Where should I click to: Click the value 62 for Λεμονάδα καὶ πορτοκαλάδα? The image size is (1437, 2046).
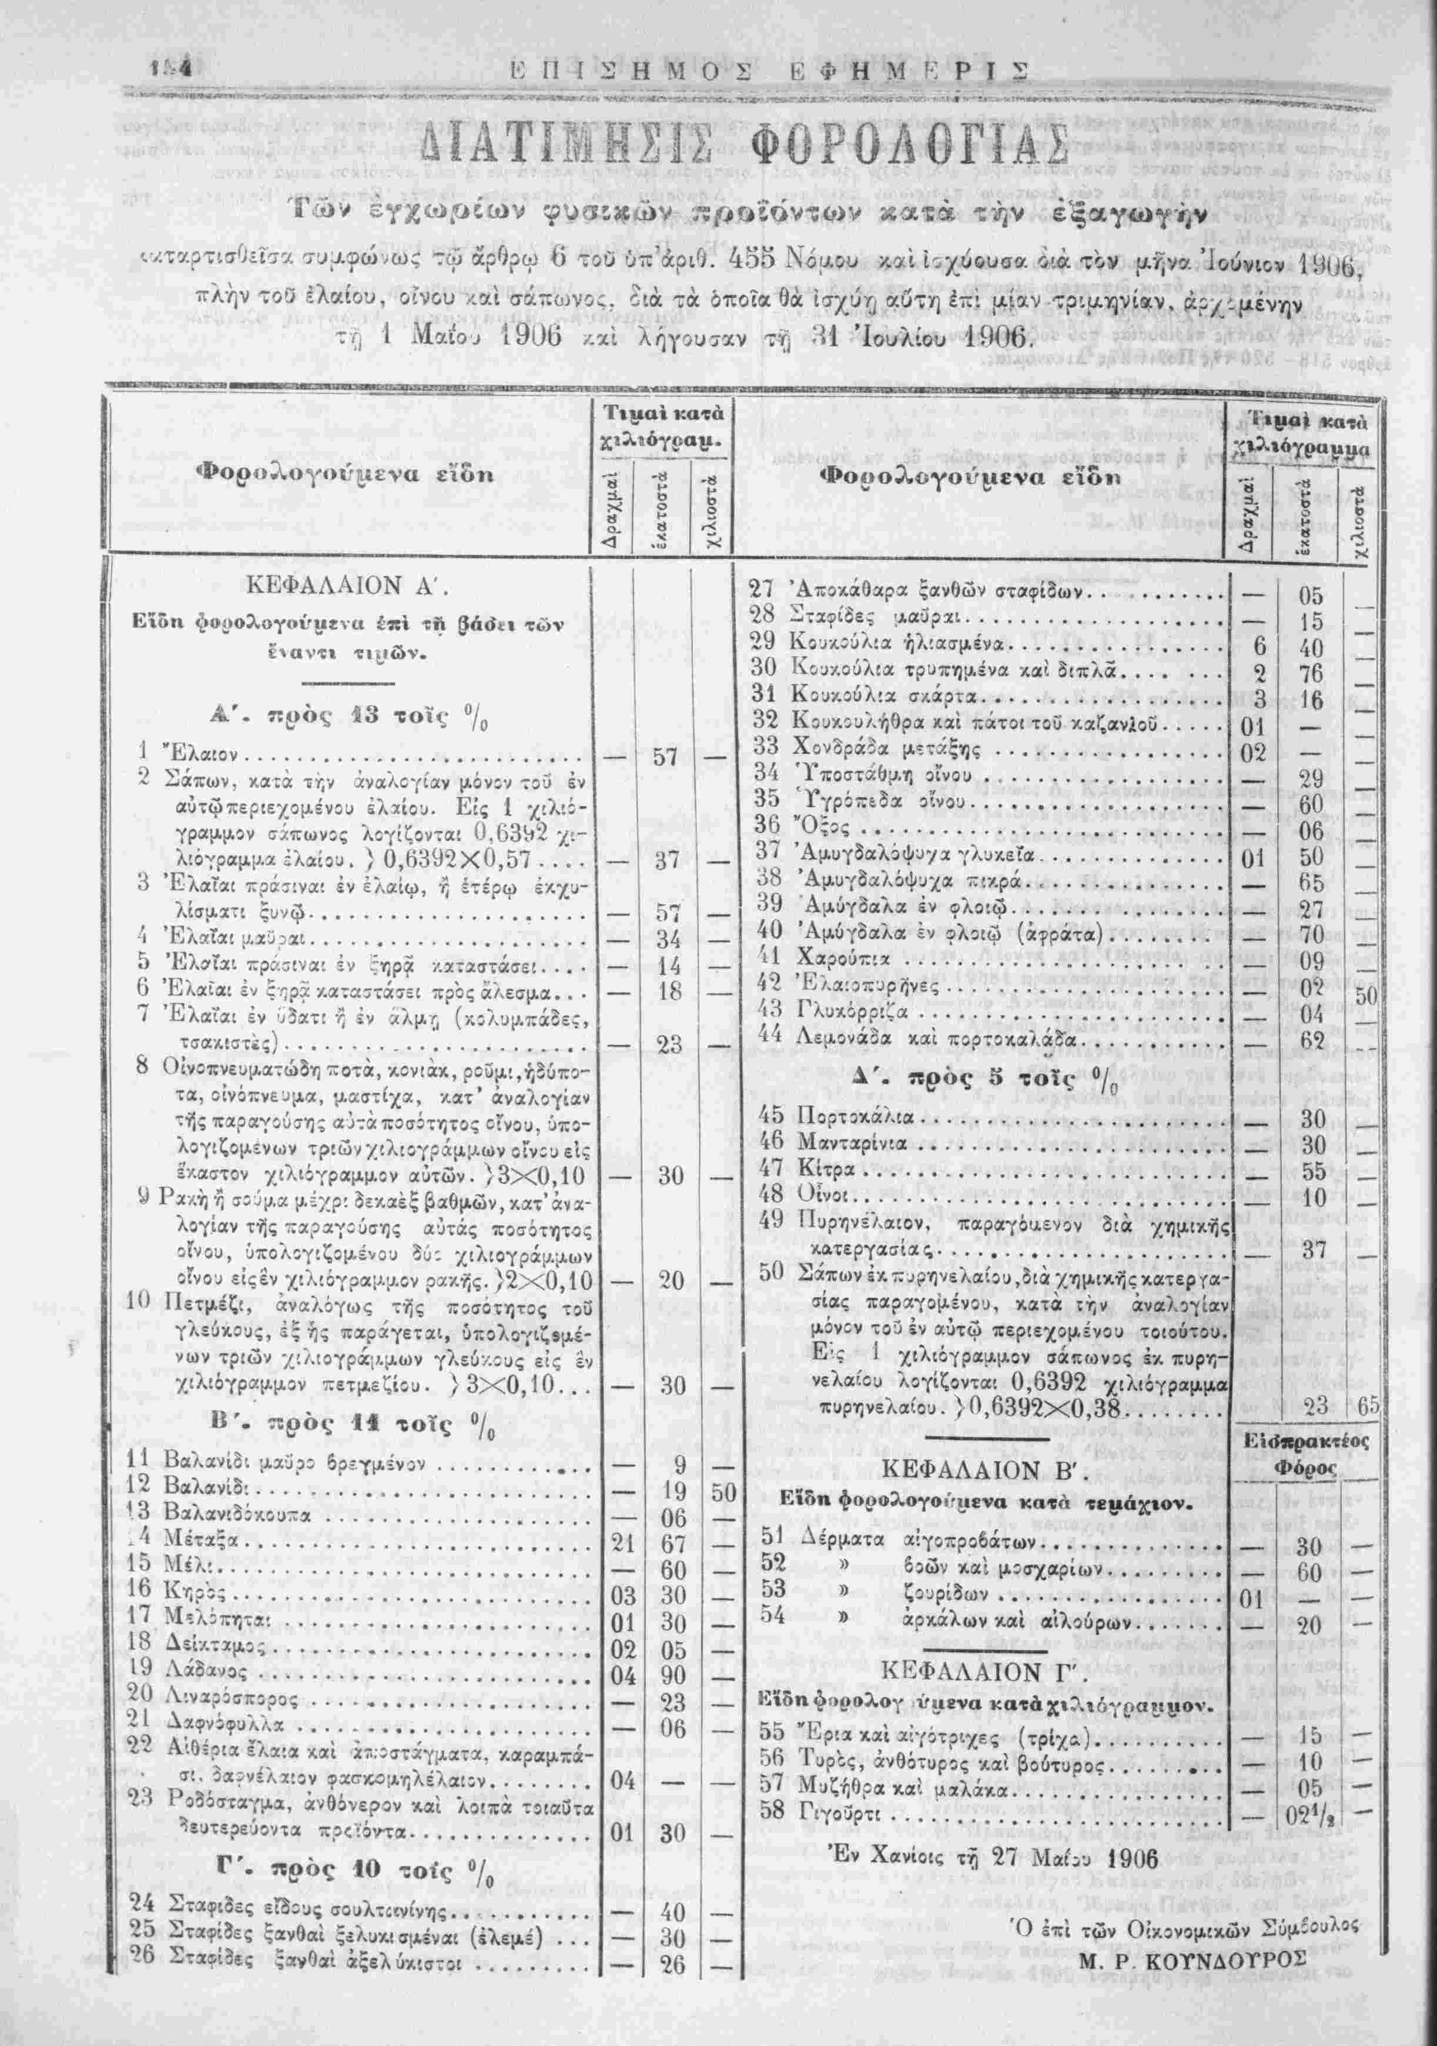click(x=1313, y=1040)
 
